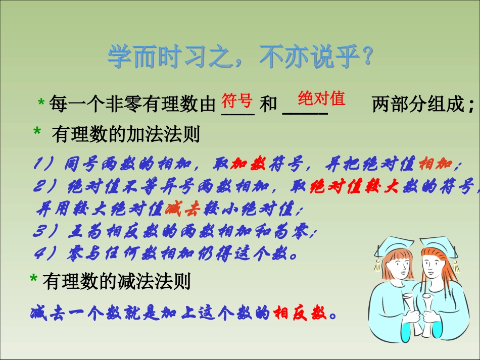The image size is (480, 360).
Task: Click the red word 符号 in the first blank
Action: (237, 100)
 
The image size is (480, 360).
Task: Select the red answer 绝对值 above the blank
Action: (321, 97)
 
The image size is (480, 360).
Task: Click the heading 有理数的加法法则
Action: (126, 134)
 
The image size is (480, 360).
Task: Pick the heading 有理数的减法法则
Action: (117, 281)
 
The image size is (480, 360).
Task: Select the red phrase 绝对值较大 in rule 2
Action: (354, 187)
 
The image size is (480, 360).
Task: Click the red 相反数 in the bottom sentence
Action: (300, 314)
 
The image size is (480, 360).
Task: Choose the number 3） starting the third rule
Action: (48, 232)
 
